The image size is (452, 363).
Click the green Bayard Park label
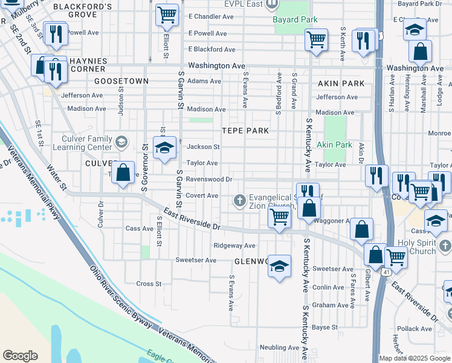pos(295,20)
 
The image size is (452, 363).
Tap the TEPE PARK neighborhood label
pos(245,131)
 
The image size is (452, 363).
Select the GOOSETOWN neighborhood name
pos(121,80)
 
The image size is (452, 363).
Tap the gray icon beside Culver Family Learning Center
pos(121,142)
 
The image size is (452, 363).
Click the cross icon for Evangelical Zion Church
pos(240,200)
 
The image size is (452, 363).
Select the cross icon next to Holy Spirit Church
pos(445,246)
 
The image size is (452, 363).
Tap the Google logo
pos(20,356)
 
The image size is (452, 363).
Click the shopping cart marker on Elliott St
pos(167,15)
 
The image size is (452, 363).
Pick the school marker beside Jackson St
pos(164,148)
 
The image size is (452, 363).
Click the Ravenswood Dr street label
pos(209,179)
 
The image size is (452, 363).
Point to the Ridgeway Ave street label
pos(234,246)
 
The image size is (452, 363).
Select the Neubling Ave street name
pos(279,348)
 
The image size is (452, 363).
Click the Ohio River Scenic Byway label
pos(120,296)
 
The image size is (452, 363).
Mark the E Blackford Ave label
pos(211,49)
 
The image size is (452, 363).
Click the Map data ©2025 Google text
pos(414,358)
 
